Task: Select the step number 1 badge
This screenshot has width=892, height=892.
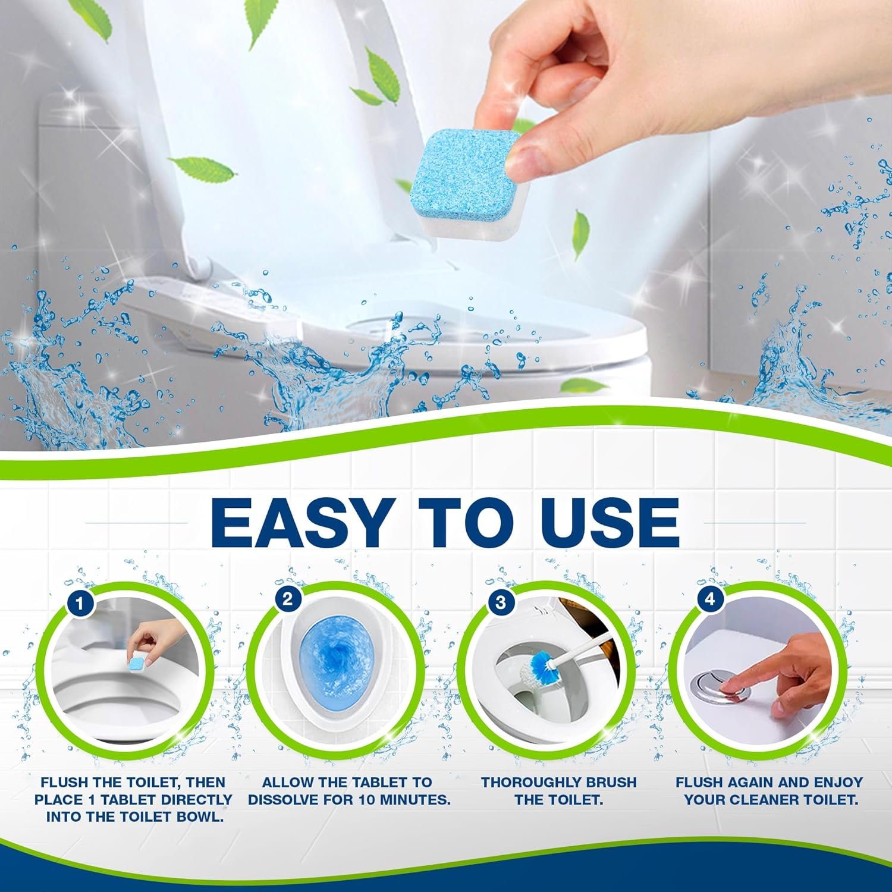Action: [x=81, y=605]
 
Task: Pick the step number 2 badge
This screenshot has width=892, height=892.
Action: [x=287, y=599]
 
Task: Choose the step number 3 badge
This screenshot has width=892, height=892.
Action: [x=500, y=602]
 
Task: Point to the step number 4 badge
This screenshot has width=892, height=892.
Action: [x=709, y=599]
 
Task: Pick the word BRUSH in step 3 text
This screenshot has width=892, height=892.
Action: [x=613, y=783]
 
